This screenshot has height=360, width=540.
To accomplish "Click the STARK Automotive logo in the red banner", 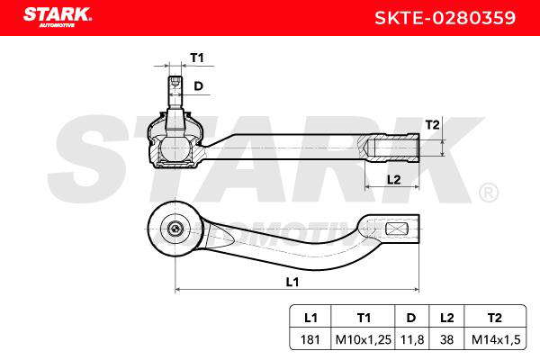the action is (x=58, y=17).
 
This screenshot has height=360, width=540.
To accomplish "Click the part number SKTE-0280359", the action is (x=445, y=18).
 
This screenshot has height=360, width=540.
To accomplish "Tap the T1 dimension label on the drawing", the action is (x=197, y=58).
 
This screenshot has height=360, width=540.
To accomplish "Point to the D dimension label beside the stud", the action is (x=198, y=85).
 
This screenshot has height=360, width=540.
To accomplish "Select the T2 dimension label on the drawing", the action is (x=432, y=124).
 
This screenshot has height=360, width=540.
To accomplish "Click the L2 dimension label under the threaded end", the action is (x=393, y=179).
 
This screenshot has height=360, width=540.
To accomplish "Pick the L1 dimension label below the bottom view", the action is (x=292, y=282).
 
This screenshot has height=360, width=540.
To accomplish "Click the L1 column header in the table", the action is (x=310, y=318).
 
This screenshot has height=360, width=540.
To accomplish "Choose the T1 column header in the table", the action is (x=364, y=318).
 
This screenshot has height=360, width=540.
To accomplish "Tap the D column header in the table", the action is (x=411, y=318).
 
